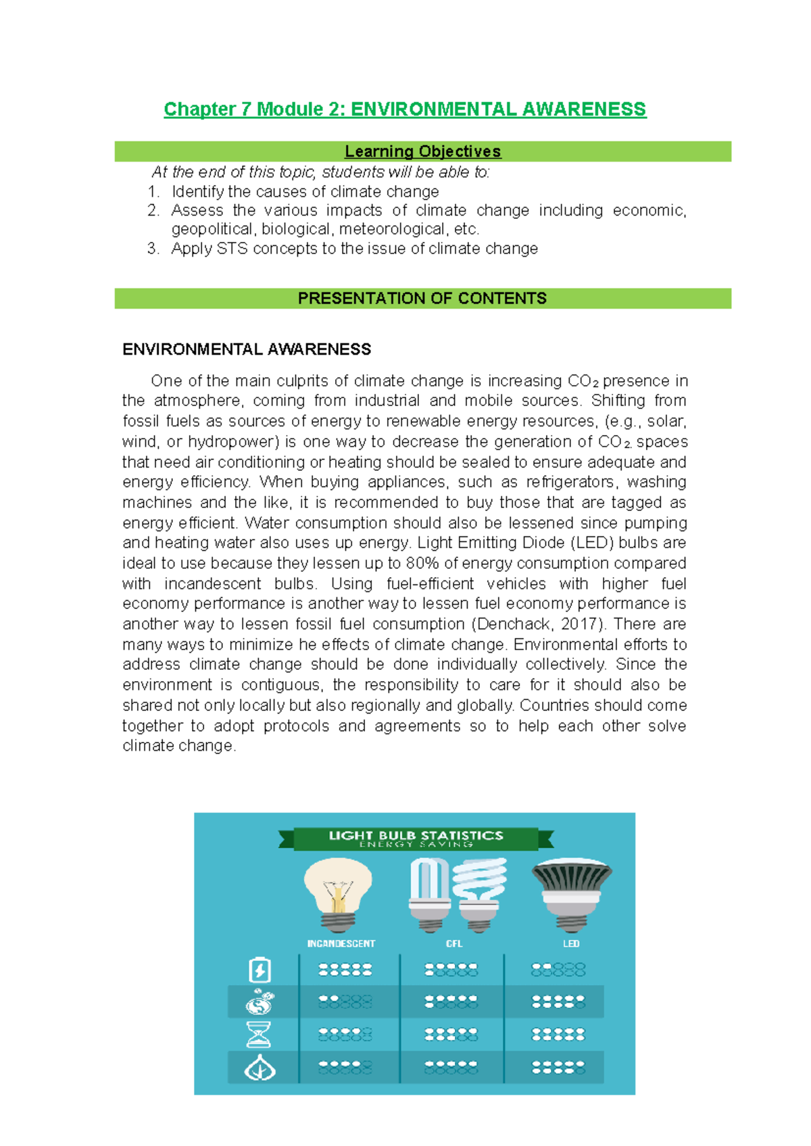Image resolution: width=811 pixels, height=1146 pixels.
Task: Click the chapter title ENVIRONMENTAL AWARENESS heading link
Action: pyautogui.click(x=405, y=109)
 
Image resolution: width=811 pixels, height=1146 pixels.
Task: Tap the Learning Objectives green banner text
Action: pyautogui.click(x=422, y=151)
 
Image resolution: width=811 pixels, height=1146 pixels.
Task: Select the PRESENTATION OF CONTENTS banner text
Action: pyautogui.click(x=422, y=298)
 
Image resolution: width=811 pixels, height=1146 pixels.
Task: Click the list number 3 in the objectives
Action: pyautogui.click(x=153, y=249)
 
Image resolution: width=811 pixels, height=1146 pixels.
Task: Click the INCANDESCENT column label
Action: pyautogui.click(x=341, y=944)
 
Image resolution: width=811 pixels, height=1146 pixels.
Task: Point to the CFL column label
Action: pyautogui.click(x=454, y=944)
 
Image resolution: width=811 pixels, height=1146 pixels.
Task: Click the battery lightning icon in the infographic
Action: pyautogui.click(x=260, y=970)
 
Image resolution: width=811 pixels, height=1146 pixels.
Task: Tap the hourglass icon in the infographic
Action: pyautogui.click(x=259, y=1035)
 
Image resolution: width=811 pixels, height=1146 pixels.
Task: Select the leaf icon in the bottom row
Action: pyautogui.click(x=260, y=1068)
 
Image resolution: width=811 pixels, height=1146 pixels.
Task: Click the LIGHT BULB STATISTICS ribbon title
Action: pyautogui.click(x=416, y=837)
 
